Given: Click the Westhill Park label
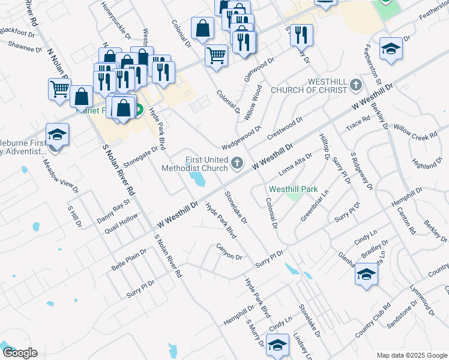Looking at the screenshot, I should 293,188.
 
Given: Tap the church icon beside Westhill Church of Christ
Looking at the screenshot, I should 356,85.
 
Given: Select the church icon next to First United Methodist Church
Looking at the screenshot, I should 238,163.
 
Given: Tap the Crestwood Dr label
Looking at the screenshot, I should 285,127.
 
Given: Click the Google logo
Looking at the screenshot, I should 19,353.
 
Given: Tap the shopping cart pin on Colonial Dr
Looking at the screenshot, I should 216,55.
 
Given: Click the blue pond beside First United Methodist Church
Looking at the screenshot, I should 196,178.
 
